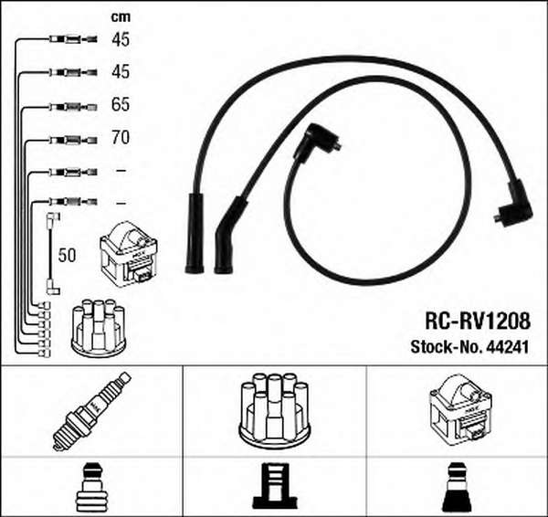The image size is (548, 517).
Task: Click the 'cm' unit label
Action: (x=121, y=17)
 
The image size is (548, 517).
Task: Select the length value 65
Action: (x=121, y=104)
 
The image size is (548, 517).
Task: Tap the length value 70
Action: (x=121, y=137)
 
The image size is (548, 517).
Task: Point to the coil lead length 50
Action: (x=67, y=255)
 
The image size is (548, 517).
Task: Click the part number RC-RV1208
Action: (x=478, y=321)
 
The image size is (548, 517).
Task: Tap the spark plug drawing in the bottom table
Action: (x=91, y=411)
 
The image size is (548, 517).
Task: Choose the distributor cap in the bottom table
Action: (x=274, y=412)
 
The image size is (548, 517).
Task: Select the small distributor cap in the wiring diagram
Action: (x=99, y=328)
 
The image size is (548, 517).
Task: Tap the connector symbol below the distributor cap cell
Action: (x=275, y=486)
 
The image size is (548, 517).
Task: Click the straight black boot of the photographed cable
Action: (x=195, y=233)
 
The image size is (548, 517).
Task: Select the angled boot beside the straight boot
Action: (x=229, y=237)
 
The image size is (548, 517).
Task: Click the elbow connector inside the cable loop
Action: (x=314, y=140)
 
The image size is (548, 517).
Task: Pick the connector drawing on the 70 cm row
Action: (x=73, y=140)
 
